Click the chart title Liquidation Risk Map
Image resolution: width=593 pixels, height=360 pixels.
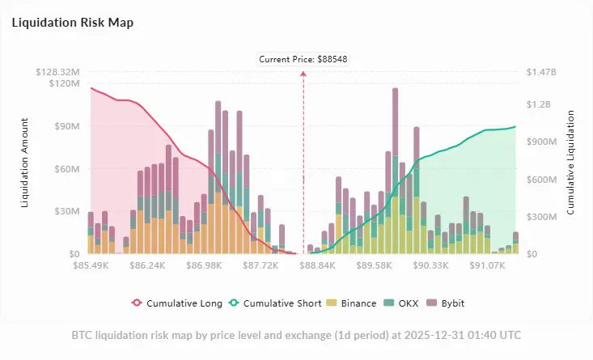pyautogui.click(x=72, y=23)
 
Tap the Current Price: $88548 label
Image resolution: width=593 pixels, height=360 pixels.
pyautogui.click(x=303, y=59)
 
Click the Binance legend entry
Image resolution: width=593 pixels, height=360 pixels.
pyautogui.click(x=353, y=303)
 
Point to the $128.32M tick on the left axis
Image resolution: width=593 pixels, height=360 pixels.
pyautogui.click(x=57, y=72)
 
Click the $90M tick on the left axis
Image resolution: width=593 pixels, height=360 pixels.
pyautogui.click(x=64, y=126)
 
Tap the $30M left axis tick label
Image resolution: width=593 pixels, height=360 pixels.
pyautogui.click(x=64, y=211)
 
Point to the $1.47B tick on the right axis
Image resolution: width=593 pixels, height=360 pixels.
pyautogui.click(x=541, y=72)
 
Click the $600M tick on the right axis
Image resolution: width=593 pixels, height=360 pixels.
pyautogui.click(x=542, y=180)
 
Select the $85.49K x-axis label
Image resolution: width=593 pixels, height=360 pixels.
pyautogui.click(x=90, y=265)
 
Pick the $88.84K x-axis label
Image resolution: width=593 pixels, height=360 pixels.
pyautogui.click(x=317, y=265)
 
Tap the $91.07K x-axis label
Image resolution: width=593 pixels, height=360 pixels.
pyautogui.click(x=488, y=265)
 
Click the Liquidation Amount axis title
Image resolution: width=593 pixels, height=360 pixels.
pyautogui.click(x=25, y=162)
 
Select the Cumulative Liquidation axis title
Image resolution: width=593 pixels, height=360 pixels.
pyautogui.click(x=571, y=162)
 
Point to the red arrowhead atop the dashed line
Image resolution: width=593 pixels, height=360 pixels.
pyautogui.click(x=303, y=73)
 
